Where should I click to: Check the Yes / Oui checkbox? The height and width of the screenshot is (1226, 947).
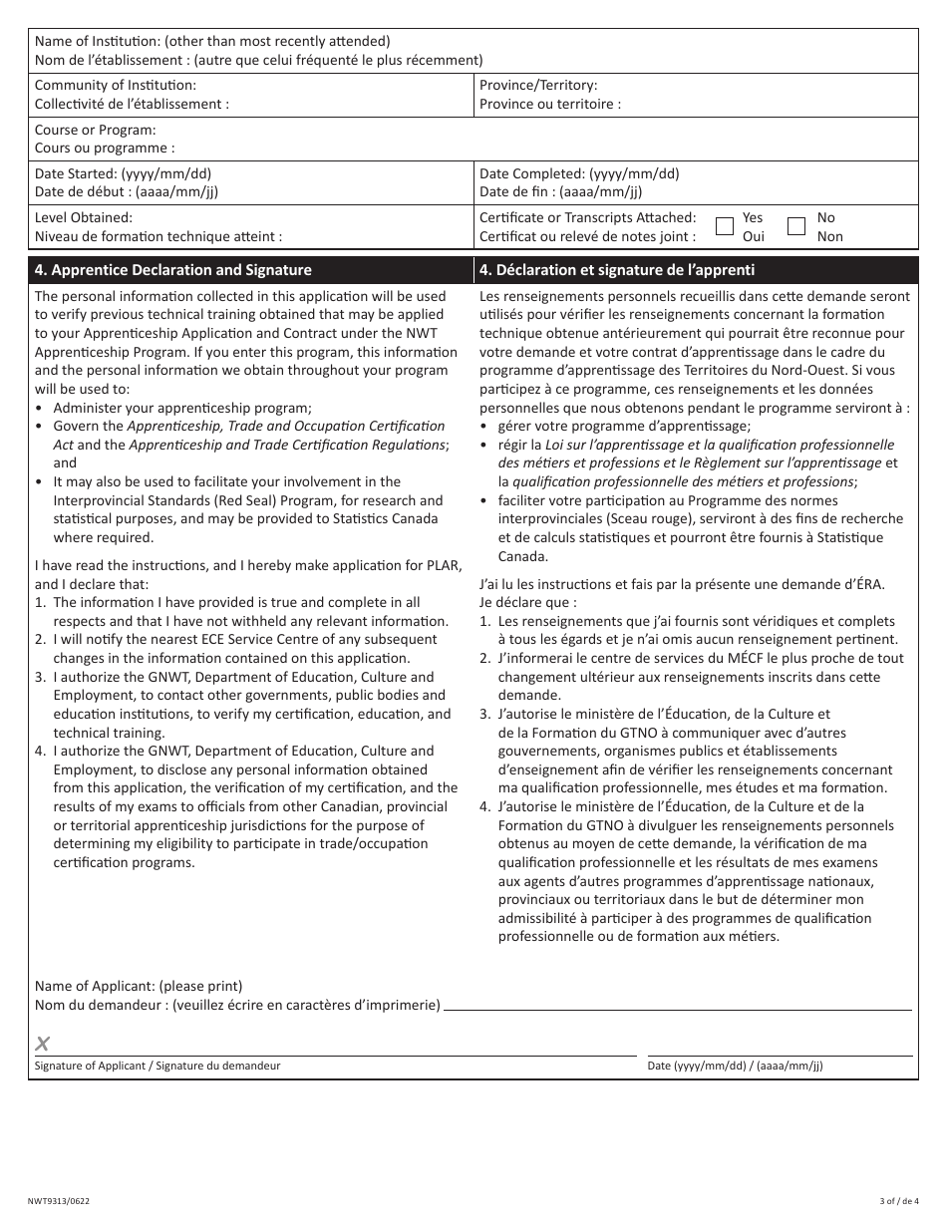coord(726,226)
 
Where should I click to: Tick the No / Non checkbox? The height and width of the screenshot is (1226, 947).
coord(796,226)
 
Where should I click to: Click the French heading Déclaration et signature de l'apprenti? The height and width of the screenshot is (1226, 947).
coord(617,270)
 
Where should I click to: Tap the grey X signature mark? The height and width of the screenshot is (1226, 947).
coord(43,1044)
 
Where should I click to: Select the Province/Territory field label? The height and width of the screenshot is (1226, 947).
coord(538,86)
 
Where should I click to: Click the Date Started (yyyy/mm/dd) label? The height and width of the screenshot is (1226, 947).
coord(123,173)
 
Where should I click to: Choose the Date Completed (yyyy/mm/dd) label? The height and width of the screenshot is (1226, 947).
coord(579,173)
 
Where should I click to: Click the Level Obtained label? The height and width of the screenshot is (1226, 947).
coord(84,217)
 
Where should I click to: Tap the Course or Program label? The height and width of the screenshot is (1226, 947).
coord(96,130)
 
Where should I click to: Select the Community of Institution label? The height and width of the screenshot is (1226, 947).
coord(116,86)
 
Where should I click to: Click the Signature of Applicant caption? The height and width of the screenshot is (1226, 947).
coord(158,1066)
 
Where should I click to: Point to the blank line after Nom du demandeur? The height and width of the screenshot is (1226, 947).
coord(678,1005)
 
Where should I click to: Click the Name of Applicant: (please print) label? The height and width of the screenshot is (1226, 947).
coord(139,986)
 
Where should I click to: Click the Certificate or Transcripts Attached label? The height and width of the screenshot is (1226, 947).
coord(587,217)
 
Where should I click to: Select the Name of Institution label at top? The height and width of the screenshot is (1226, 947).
coord(212,41)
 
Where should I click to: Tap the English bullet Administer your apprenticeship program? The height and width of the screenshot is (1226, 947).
coord(182,408)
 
